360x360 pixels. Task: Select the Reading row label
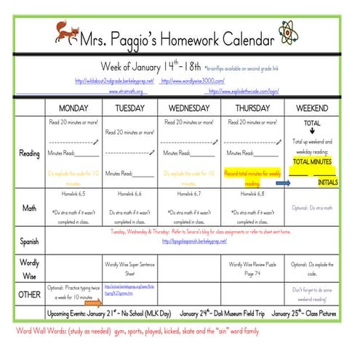30,153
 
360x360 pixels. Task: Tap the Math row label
30,208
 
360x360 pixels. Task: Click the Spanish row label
30,239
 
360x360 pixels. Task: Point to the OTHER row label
30,294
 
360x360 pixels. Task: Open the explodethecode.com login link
244,92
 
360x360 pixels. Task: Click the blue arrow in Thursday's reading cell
283,184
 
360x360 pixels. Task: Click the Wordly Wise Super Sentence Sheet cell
130,269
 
